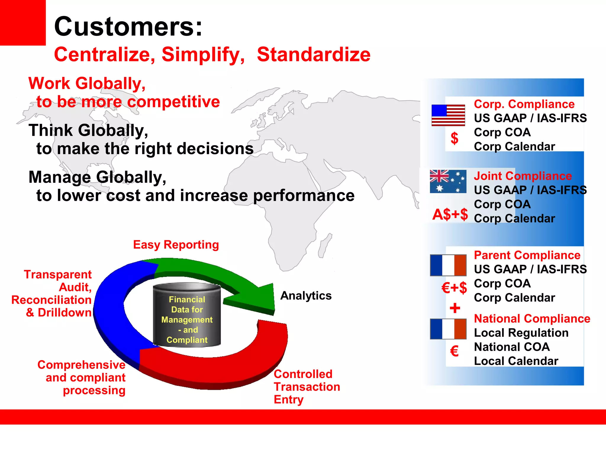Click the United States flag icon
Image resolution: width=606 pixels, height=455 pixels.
click(x=448, y=115)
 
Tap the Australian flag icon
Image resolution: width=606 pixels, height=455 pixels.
click(x=448, y=181)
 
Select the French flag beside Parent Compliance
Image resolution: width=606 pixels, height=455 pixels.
click(x=448, y=265)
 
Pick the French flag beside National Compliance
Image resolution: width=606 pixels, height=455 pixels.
click(x=448, y=329)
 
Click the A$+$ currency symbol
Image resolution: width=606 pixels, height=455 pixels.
click(x=450, y=214)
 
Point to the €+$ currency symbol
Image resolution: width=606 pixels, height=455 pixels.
click(x=454, y=288)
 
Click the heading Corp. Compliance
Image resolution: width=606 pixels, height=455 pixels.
click(x=524, y=104)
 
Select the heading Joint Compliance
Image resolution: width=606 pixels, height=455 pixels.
click(x=523, y=176)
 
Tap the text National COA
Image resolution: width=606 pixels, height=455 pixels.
click(x=512, y=347)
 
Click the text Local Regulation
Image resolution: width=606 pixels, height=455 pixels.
click(x=521, y=333)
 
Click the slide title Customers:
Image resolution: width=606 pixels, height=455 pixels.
click(x=128, y=27)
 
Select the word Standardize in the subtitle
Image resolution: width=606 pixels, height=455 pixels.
click(x=313, y=55)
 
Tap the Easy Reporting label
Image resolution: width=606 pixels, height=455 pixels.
click(x=176, y=245)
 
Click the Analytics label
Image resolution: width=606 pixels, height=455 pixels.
click(x=306, y=296)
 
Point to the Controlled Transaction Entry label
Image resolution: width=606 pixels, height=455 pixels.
click(x=307, y=387)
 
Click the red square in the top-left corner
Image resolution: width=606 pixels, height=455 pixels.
click(x=22, y=23)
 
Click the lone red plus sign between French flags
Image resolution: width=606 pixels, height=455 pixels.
click(x=455, y=308)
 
